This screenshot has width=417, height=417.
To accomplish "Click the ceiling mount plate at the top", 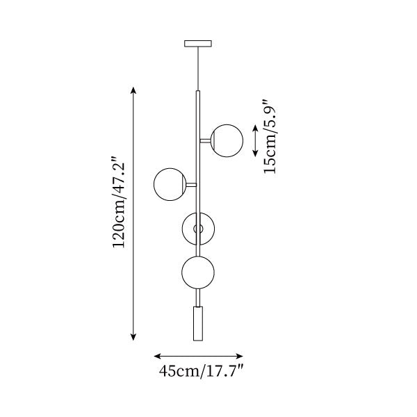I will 198,43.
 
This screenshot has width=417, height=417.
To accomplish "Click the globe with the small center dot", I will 198,228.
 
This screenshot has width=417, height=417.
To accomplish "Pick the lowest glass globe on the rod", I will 198,272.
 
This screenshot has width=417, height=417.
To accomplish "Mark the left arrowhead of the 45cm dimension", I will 156,354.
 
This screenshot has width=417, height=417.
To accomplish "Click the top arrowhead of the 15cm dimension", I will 255,127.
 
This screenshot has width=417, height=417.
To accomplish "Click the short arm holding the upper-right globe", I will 206,140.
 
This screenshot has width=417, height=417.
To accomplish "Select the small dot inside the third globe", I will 198,228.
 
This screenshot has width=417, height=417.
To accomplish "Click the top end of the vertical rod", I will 198,90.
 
